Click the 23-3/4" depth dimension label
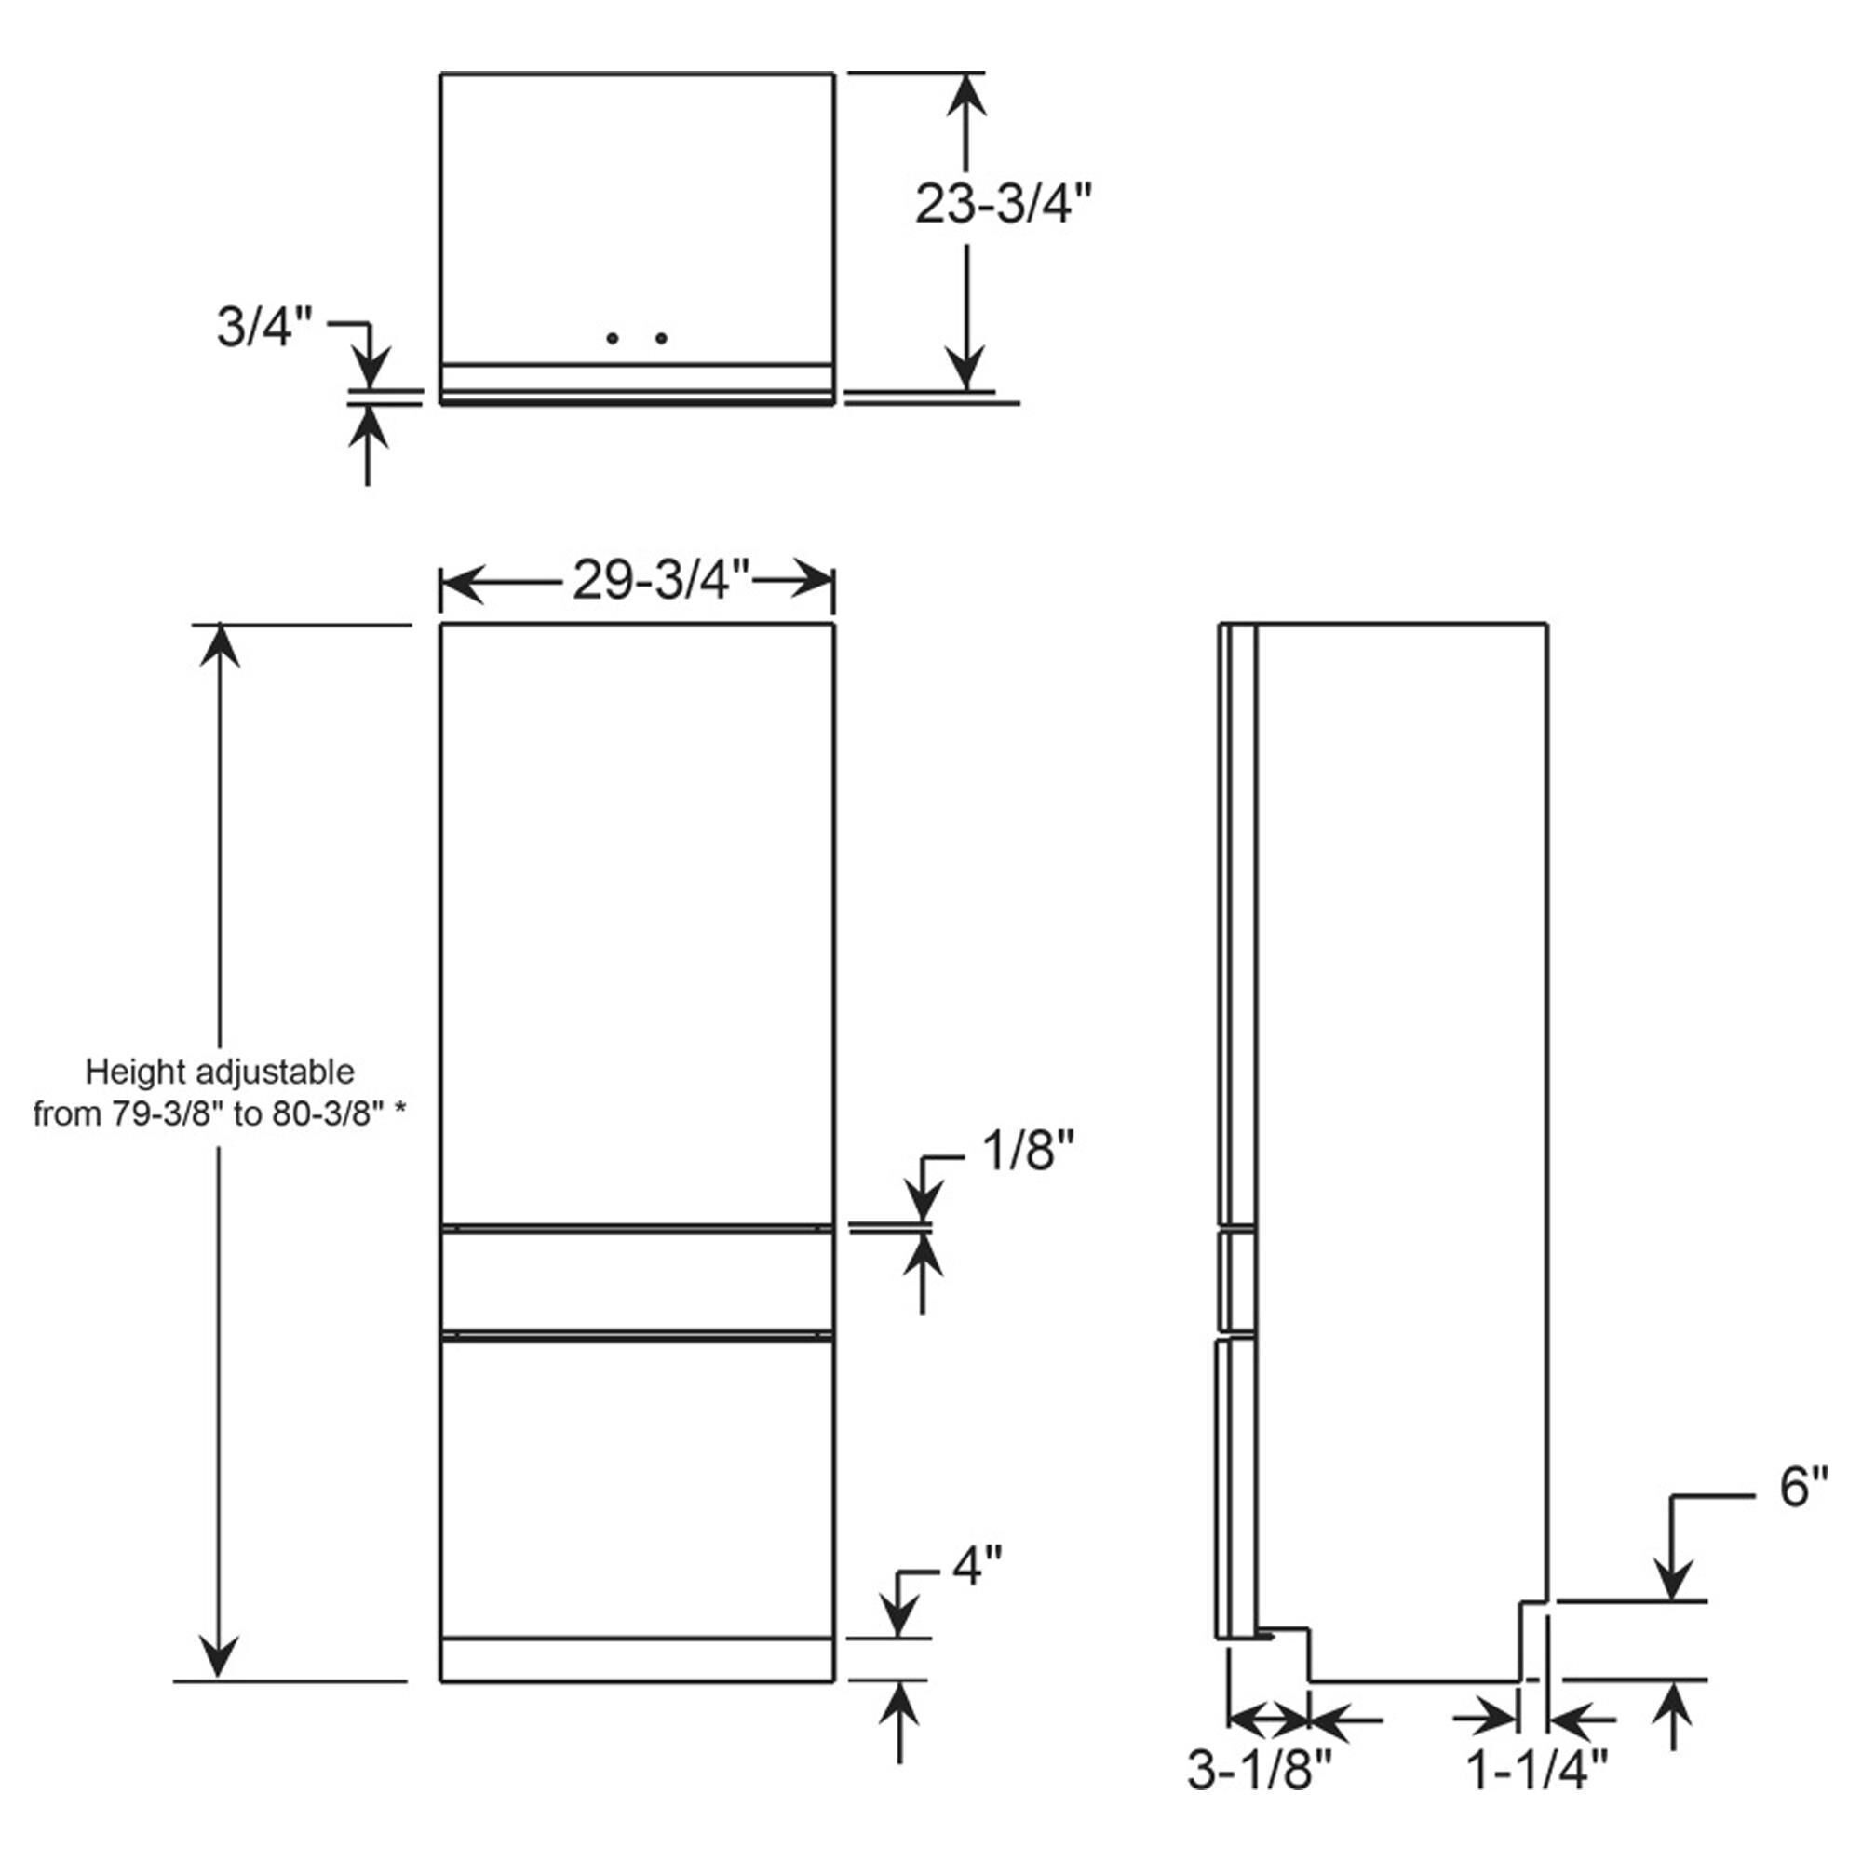[x=1004, y=205]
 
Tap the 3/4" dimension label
[x=264, y=327]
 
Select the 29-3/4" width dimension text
[x=661, y=581]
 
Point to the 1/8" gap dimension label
[x=1028, y=1151]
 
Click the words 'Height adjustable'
[x=220, y=1073]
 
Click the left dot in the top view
[x=612, y=338]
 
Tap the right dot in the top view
[x=661, y=338]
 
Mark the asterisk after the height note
[x=400, y=1111]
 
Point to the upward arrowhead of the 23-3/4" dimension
[x=965, y=97]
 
